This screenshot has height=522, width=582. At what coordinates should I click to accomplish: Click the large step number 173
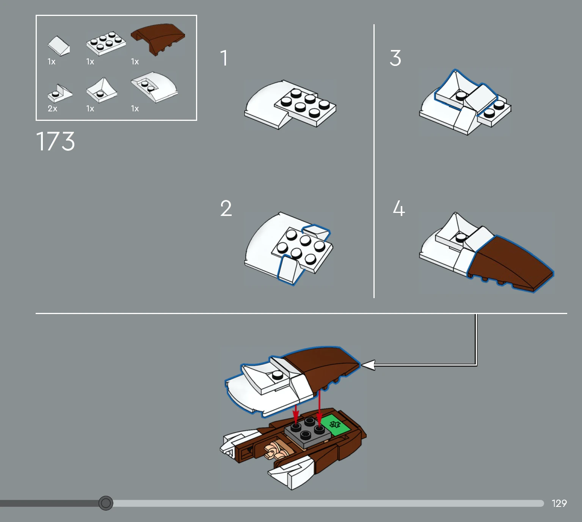(x=55, y=141)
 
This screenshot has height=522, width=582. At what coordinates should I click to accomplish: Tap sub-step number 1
(x=224, y=58)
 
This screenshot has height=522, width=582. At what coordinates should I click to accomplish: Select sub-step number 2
(x=226, y=208)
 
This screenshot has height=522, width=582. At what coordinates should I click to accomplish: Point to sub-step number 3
(x=395, y=58)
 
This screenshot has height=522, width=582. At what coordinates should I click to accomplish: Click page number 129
(x=559, y=503)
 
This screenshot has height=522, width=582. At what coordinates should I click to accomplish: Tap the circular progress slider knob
(x=106, y=503)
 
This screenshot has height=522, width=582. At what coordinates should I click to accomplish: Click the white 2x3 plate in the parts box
(x=106, y=43)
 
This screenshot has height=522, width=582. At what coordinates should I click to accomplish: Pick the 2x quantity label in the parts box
(x=52, y=108)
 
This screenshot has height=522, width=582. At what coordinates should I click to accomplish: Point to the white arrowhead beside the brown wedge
(x=368, y=365)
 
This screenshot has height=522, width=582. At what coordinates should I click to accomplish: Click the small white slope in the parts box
(x=59, y=45)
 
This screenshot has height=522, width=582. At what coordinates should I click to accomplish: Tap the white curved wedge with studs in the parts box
(x=155, y=87)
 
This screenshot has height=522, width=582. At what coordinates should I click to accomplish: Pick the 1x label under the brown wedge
(x=135, y=62)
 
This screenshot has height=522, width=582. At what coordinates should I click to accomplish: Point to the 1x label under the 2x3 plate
(x=90, y=62)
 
